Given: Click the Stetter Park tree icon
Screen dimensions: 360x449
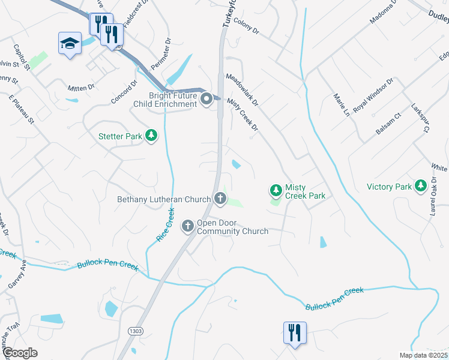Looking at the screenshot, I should (x=152, y=136).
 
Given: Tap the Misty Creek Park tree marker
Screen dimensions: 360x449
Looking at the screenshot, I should (x=276, y=191).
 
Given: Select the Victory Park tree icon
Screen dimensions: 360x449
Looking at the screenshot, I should (x=421, y=187).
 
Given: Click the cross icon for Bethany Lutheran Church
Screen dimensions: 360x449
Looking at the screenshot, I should (x=220, y=199).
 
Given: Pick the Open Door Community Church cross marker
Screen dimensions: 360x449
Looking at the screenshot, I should (x=188, y=226).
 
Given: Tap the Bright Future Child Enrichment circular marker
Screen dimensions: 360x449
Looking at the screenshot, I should (x=206, y=99).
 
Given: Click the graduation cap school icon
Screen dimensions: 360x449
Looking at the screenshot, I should (x=70, y=43).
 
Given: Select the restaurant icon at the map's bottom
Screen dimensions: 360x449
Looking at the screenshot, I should (x=295, y=332).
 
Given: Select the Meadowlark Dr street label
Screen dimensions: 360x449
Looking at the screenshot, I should (x=242, y=90).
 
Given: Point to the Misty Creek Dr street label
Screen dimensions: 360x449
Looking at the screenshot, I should (x=243, y=116).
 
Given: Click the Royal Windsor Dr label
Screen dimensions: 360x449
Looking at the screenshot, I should (x=373, y=95).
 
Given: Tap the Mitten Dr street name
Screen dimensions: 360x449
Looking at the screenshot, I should (x=81, y=88).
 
